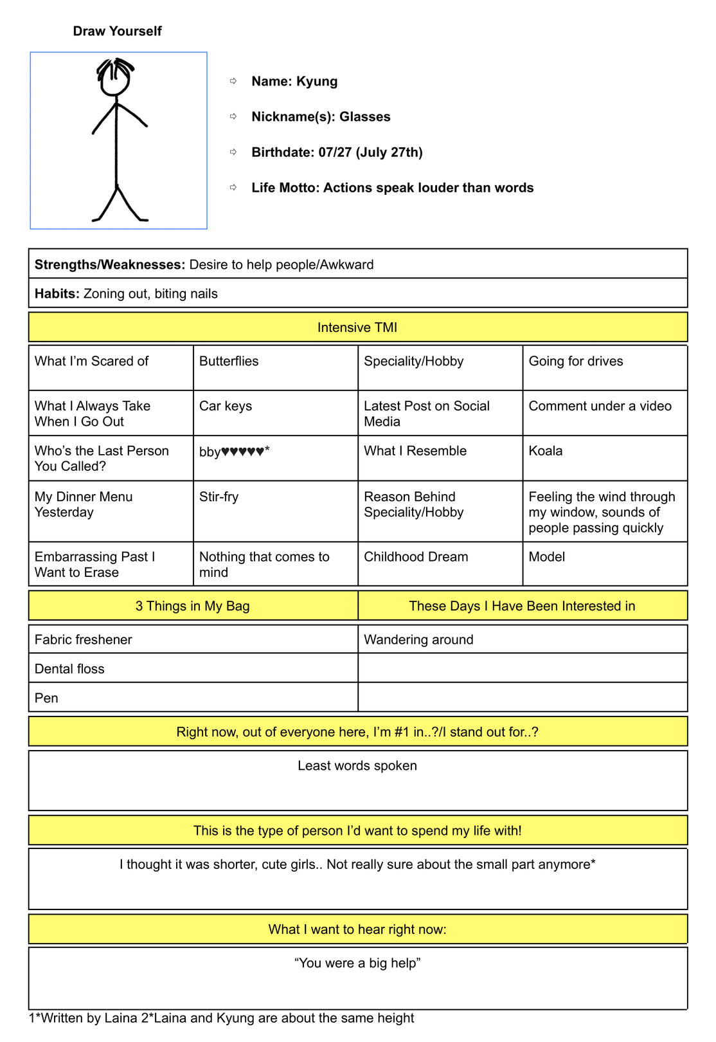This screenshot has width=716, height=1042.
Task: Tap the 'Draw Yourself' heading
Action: [117, 31]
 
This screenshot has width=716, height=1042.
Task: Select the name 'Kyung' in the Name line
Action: [317, 81]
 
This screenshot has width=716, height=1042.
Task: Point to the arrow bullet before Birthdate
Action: [233, 152]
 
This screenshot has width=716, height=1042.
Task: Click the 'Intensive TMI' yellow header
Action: [357, 327]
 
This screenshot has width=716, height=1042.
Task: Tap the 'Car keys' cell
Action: [226, 406]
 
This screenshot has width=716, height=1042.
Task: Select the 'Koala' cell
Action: [546, 451]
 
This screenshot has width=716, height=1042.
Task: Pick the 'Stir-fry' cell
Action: [219, 497]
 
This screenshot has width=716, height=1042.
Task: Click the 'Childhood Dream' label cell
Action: [416, 557]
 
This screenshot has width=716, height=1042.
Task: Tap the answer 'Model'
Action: [546, 557]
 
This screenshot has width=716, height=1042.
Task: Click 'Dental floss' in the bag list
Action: [69, 669]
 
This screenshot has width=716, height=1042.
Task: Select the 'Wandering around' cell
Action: [418, 639]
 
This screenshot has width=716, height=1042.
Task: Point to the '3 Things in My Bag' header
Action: [193, 606]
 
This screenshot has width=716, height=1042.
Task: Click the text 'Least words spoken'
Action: [357, 765]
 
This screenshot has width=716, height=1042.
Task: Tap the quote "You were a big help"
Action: [357, 963]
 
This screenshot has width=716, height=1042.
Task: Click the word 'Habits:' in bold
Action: [57, 294]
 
